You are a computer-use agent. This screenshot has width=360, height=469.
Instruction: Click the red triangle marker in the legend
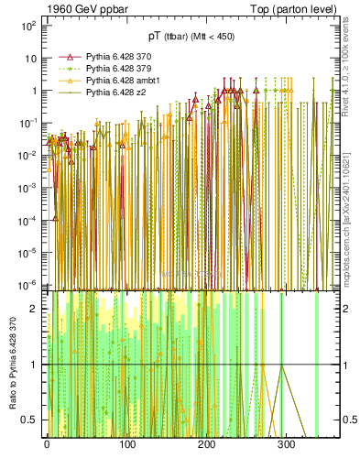tap(69, 57)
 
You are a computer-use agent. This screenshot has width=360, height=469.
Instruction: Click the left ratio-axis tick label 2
tap(33, 310)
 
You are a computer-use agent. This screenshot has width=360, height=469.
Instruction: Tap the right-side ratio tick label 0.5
tap(347, 420)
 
